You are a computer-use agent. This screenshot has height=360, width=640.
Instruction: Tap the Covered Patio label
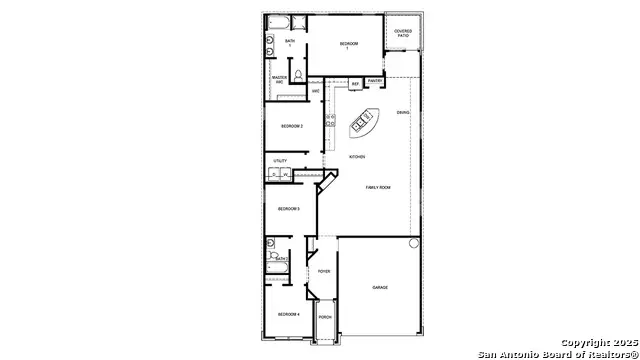pos(403,33)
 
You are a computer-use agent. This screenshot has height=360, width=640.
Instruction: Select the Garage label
pos(380,288)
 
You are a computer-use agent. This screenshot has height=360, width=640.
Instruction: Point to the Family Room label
pos(378,188)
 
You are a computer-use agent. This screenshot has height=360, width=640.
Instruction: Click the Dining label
pos(403,112)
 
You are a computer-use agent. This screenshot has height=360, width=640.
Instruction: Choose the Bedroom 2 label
pos(291,126)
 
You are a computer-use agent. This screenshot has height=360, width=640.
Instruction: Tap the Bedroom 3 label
pos(289,209)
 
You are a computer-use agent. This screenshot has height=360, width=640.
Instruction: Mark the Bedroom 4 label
pos(289,315)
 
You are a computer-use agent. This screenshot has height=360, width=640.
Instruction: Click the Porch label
pos(325,318)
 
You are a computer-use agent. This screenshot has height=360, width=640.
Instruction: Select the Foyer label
pos(324,271)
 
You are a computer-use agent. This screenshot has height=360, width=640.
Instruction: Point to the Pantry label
pos(375,81)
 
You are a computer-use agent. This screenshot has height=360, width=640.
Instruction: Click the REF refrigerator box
pos(355,84)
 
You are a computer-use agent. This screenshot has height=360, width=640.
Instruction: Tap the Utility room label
pos(280,160)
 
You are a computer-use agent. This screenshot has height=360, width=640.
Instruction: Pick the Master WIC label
pos(280,79)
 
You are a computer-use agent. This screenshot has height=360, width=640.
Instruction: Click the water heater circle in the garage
pos(413,244)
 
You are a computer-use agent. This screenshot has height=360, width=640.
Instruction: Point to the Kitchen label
pos(357,157)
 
